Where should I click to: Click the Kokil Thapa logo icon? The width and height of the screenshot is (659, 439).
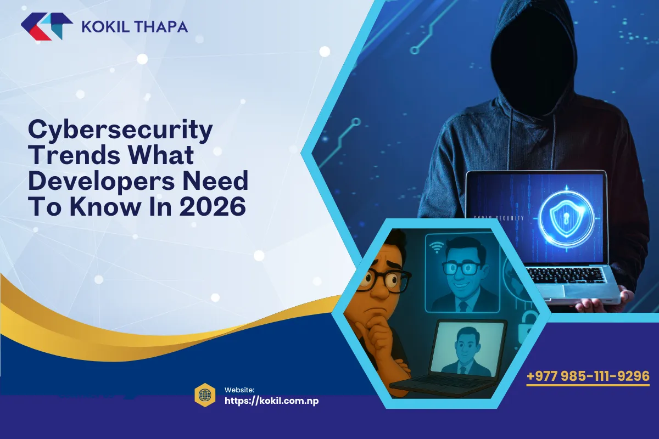(x=46, y=26)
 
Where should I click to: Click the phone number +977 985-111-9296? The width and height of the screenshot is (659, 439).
(x=588, y=376)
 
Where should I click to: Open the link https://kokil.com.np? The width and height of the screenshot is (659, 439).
(x=272, y=401)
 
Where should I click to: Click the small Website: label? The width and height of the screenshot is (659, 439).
(x=239, y=389)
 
